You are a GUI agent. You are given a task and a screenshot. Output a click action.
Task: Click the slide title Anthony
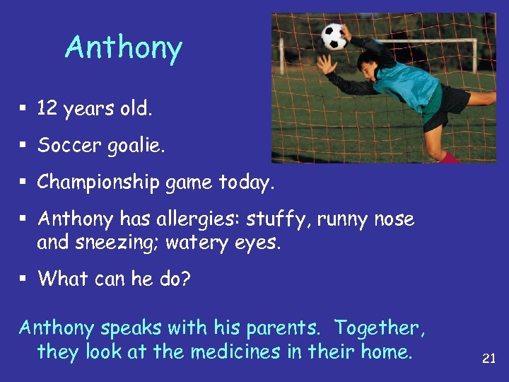(x=124, y=48)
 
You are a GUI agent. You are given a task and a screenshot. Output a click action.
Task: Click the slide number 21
(x=488, y=359)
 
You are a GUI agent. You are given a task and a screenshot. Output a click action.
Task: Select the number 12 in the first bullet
(x=47, y=109)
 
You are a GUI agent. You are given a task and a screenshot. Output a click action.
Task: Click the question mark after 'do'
(x=185, y=279)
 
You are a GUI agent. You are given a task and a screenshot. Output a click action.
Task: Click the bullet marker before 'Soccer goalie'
(x=23, y=146)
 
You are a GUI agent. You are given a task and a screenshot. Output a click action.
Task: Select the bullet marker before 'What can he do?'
(x=23, y=279)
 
